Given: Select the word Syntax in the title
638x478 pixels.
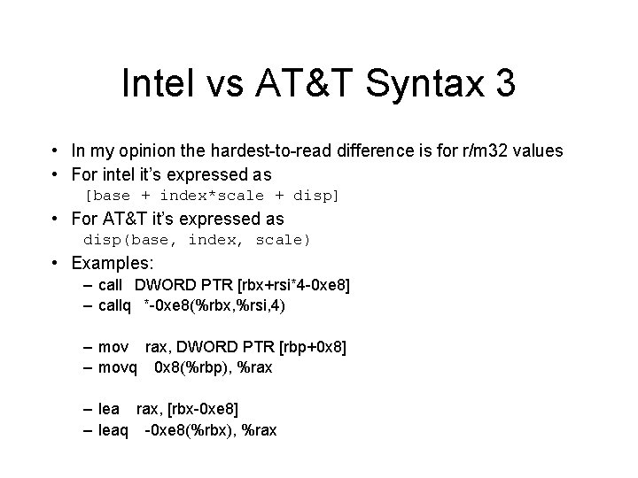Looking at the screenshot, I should click(418, 87).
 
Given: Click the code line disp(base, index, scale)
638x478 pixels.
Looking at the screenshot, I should click(197, 239).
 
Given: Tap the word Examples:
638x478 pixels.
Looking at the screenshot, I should click(113, 263).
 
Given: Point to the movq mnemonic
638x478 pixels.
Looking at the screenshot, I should click(116, 366).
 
